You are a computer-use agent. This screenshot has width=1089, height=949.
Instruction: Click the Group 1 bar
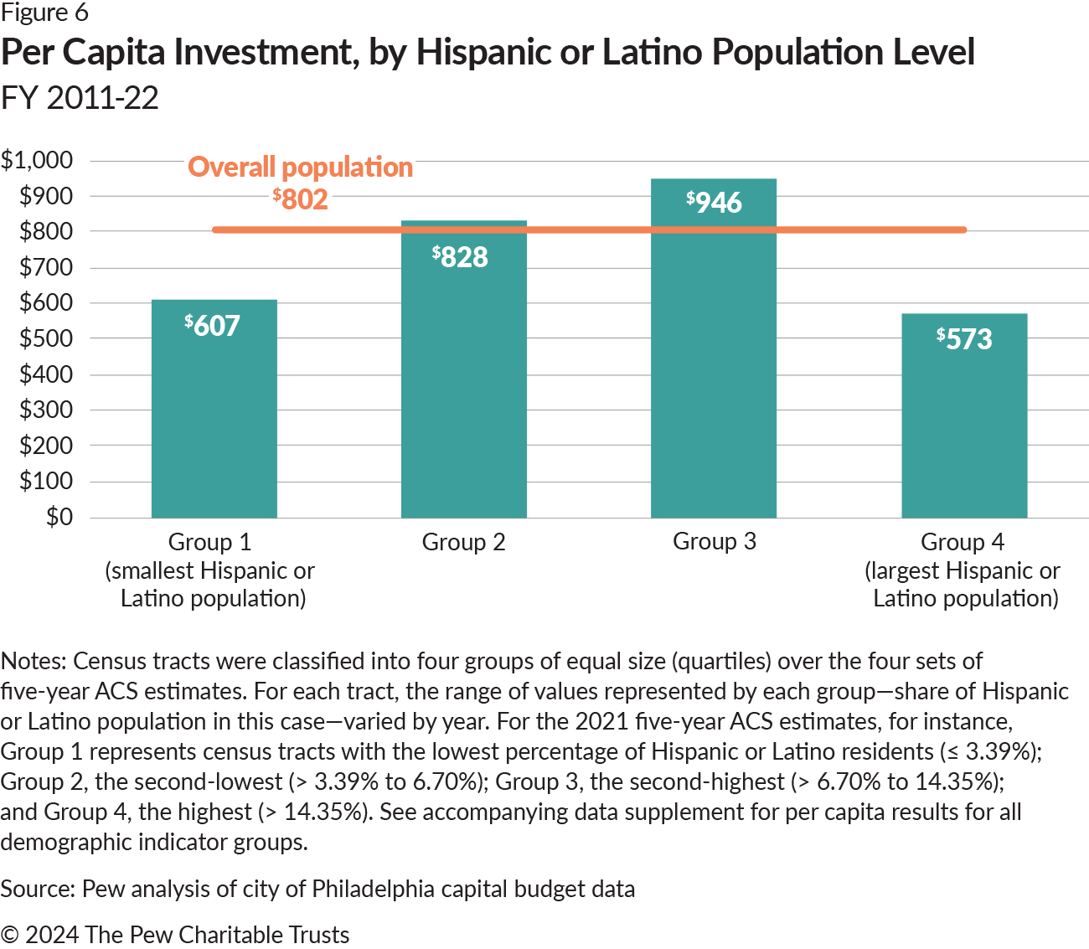[x=214, y=419]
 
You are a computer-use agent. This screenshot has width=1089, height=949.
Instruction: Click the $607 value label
[x=213, y=325]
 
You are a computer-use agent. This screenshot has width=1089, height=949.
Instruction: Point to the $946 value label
[x=714, y=202]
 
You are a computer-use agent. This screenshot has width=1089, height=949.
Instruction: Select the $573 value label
[x=964, y=338]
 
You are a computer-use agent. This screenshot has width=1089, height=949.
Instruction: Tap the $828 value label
[x=460, y=256]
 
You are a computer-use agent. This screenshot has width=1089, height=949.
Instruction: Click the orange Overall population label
[x=300, y=167]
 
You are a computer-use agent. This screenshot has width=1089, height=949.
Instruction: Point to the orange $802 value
[x=300, y=199]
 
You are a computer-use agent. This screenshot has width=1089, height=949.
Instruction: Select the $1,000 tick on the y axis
[x=37, y=160]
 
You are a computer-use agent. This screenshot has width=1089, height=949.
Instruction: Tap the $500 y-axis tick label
[x=46, y=338]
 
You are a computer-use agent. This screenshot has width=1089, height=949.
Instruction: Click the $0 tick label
[x=59, y=517]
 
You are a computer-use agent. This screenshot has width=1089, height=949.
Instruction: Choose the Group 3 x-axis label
[x=714, y=542]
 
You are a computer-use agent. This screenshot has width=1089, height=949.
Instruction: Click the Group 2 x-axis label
[x=463, y=542]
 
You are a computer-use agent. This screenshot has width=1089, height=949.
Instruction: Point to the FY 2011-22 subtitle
[x=80, y=98]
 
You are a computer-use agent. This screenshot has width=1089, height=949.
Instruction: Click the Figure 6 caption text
[x=44, y=13]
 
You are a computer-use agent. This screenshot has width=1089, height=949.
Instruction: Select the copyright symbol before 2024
[x=9, y=935]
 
